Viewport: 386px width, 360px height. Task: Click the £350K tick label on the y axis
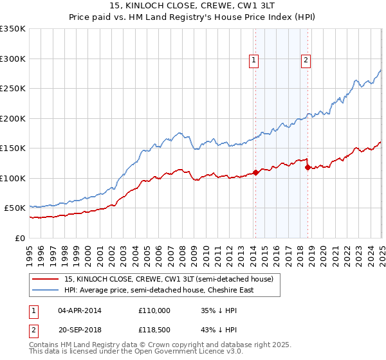[13, 29]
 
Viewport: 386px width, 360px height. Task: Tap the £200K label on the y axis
[13, 118]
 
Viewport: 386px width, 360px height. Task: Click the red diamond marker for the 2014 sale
[255, 172]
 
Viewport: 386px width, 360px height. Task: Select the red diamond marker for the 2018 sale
[308, 167]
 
